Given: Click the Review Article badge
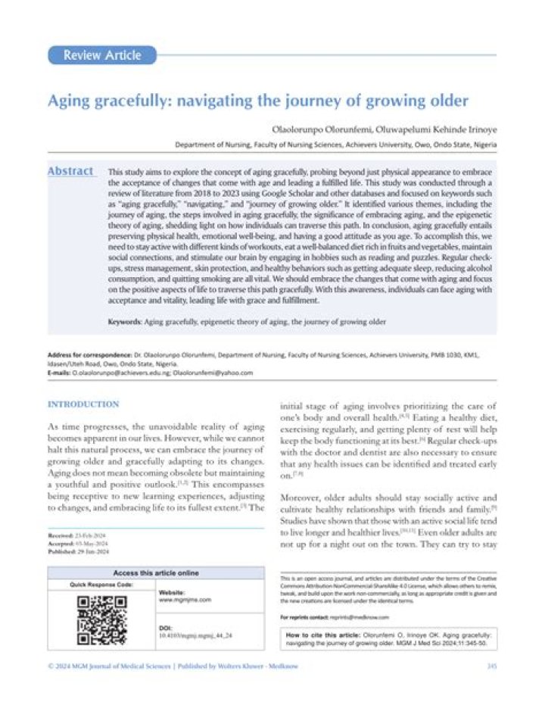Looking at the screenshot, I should (101, 55).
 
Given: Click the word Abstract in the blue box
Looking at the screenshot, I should (71, 171).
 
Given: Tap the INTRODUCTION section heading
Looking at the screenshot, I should (83, 404).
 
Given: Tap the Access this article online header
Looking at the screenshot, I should (156, 573).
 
